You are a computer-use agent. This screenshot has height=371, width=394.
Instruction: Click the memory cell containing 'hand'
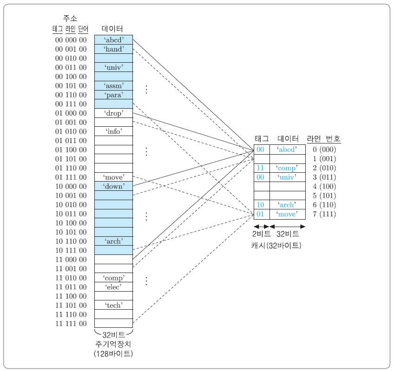113,49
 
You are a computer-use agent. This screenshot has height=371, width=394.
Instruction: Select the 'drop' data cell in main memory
113,113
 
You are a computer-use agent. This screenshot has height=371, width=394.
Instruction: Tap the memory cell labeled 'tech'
113,305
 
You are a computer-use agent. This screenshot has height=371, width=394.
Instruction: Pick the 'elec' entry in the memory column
113,287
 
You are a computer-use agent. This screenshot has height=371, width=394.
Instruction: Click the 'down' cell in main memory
113,186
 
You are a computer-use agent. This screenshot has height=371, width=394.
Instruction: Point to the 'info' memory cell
113,131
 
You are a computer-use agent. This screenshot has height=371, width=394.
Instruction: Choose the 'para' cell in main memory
113,95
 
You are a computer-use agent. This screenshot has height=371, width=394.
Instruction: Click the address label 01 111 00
71,177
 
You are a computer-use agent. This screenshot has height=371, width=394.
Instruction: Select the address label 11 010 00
71,278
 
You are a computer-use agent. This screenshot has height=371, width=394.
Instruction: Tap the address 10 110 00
71,241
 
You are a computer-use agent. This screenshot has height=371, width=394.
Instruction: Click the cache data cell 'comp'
287,168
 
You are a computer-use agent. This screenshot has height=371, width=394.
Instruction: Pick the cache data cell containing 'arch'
287,205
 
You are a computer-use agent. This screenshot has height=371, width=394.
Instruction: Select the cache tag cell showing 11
261,168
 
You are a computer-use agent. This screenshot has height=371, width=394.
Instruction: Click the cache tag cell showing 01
261,214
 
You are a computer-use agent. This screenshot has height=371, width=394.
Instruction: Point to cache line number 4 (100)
324,186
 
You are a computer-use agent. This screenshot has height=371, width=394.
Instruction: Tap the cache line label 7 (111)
324,214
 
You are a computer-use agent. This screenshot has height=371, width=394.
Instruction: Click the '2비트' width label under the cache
262,234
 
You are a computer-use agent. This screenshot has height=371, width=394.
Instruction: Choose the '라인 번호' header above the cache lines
323,138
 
